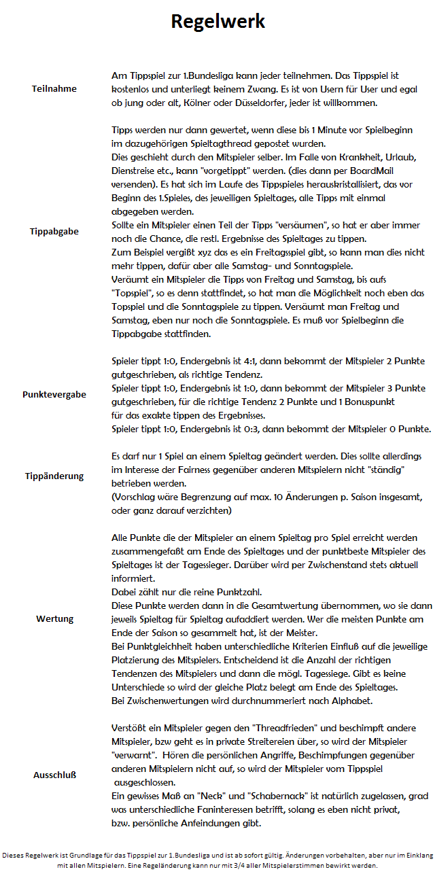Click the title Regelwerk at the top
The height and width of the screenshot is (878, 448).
click(x=218, y=21)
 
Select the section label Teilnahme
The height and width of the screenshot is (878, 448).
click(x=54, y=89)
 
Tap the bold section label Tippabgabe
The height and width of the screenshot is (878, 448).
click(x=54, y=231)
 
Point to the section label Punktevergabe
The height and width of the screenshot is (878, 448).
click(x=54, y=394)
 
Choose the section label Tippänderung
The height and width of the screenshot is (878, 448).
click(x=54, y=476)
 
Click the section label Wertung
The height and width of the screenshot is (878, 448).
click(x=54, y=619)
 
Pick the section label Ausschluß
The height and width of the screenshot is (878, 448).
click(x=54, y=775)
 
